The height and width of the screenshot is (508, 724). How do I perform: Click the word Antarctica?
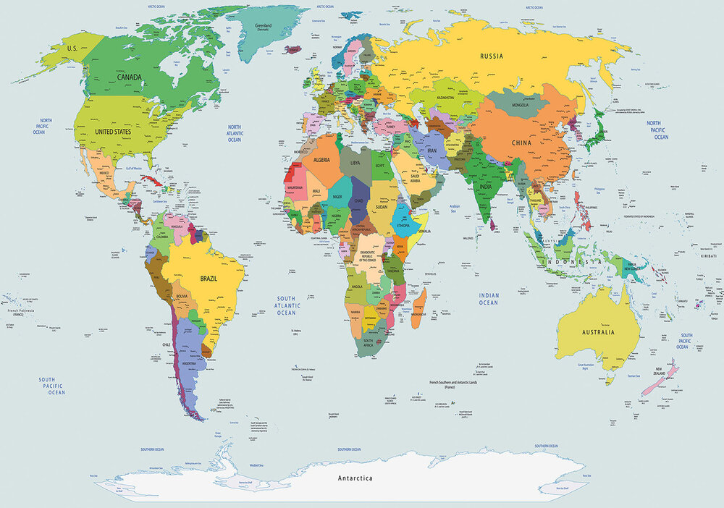(355, 478)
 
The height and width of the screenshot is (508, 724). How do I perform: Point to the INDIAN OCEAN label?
(488, 298)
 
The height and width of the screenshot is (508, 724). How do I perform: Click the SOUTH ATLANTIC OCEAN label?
(287, 305)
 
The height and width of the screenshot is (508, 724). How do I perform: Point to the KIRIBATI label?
(709, 255)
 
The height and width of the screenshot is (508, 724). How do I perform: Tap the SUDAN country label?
(381, 206)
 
